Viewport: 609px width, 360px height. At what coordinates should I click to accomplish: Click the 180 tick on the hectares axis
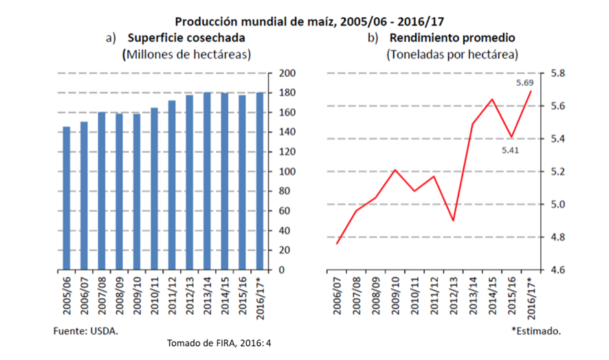click(287, 93)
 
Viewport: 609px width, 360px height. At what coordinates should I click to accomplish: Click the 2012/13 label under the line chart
click(454, 294)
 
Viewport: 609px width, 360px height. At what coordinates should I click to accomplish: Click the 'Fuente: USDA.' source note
click(86, 331)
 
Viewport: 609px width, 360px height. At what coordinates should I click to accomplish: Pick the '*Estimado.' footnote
click(536, 331)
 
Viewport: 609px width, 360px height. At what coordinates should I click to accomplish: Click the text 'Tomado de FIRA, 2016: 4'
click(219, 343)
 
